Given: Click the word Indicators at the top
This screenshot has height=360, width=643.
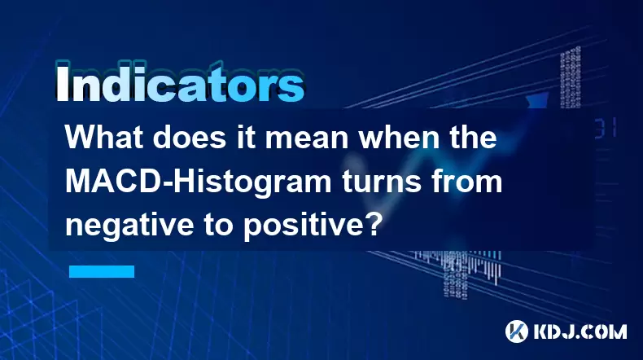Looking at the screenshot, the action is click(x=180, y=83).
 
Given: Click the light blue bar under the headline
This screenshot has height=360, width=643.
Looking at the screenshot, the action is click(x=102, y=271).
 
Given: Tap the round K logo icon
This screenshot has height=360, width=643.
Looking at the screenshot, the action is click(x=516, y=331).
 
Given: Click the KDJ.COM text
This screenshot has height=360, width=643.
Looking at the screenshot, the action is click(x=580, y=331).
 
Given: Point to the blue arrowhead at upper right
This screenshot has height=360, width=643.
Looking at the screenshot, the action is click(x=537, y=100).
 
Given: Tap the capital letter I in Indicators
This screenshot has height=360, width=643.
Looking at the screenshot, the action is click(x=62, y=83).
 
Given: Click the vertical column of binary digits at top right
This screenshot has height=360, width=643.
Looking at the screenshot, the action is click(x=571, y=77).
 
